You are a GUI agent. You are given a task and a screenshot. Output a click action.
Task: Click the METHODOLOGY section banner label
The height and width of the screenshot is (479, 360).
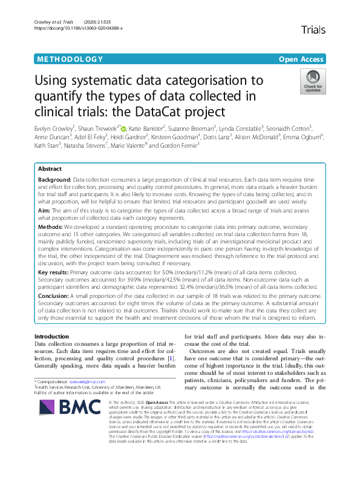tap(70, 59)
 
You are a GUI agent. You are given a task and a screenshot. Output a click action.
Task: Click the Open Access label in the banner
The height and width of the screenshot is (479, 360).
tap(301, 59)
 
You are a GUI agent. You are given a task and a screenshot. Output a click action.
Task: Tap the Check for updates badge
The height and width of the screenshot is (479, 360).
tap(312, 82)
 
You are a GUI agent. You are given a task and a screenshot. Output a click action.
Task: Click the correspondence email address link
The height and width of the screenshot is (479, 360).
tap(87, 382)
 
